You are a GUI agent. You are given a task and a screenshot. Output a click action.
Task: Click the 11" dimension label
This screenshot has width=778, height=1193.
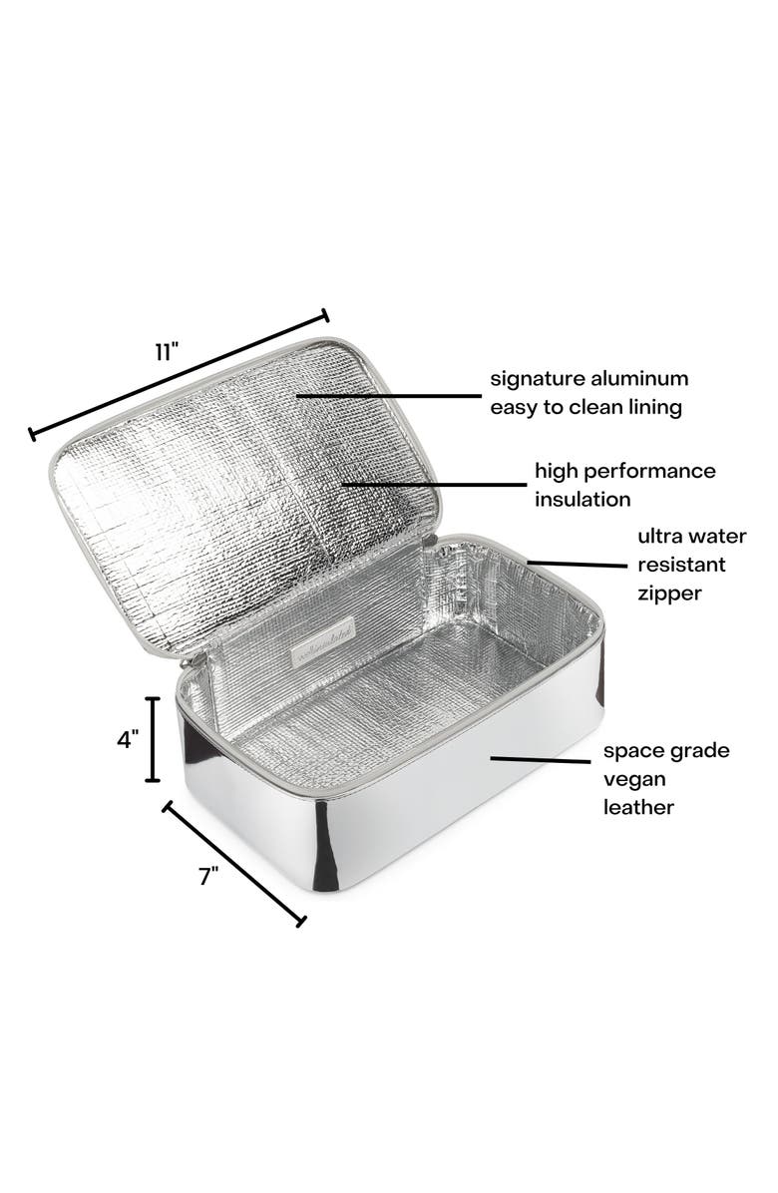[166, 352]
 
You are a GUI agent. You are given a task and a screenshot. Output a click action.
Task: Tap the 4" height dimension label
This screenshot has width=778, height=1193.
[128, 741]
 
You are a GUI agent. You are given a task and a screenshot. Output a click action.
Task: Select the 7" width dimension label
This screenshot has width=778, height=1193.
[207, 877]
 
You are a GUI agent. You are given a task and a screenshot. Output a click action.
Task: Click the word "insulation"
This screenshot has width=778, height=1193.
[584, 498]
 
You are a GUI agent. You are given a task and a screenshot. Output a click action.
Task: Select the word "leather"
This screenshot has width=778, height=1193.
[638, 807]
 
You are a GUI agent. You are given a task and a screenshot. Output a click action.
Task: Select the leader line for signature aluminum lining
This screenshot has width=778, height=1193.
[390, 395]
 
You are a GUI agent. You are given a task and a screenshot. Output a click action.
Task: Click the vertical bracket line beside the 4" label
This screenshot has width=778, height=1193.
[154, 739]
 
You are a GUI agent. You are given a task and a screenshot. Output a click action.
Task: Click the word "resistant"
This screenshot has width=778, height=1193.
[681, 565]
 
